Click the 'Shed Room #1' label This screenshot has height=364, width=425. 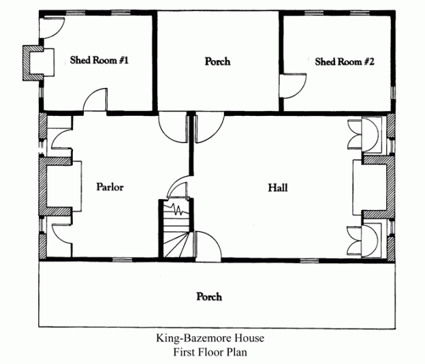click(99, 61)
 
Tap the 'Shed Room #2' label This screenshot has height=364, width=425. click(345, 61)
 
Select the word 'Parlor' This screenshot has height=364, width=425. click(110, 187)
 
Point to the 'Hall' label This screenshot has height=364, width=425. click(277, 187)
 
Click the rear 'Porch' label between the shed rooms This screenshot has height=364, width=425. click(217, 61)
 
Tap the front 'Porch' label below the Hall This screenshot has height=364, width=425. click(209, 297)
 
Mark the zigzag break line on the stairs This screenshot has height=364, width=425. click(178, 208)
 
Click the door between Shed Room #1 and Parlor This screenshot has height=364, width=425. click(95, 102)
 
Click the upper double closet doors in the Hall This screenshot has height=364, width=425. click(361, 133)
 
